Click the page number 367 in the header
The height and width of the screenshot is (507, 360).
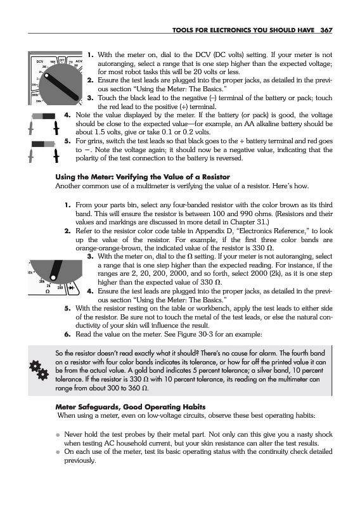326,30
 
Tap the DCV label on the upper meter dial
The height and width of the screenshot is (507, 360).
40,61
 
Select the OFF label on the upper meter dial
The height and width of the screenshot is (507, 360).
61,60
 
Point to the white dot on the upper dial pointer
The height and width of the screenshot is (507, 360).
47,76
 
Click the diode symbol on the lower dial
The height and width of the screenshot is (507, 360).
71,288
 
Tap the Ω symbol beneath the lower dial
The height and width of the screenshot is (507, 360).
48,292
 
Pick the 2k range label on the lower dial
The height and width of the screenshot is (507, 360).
48,286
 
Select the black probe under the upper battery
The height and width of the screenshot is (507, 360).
56,128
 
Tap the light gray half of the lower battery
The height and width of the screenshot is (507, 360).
49,144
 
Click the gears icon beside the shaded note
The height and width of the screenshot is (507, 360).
39,371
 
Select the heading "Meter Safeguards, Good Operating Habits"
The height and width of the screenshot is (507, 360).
131,407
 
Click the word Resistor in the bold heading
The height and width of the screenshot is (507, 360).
216,177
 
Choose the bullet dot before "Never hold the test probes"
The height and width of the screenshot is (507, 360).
58,435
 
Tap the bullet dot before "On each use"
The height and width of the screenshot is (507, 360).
58,452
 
